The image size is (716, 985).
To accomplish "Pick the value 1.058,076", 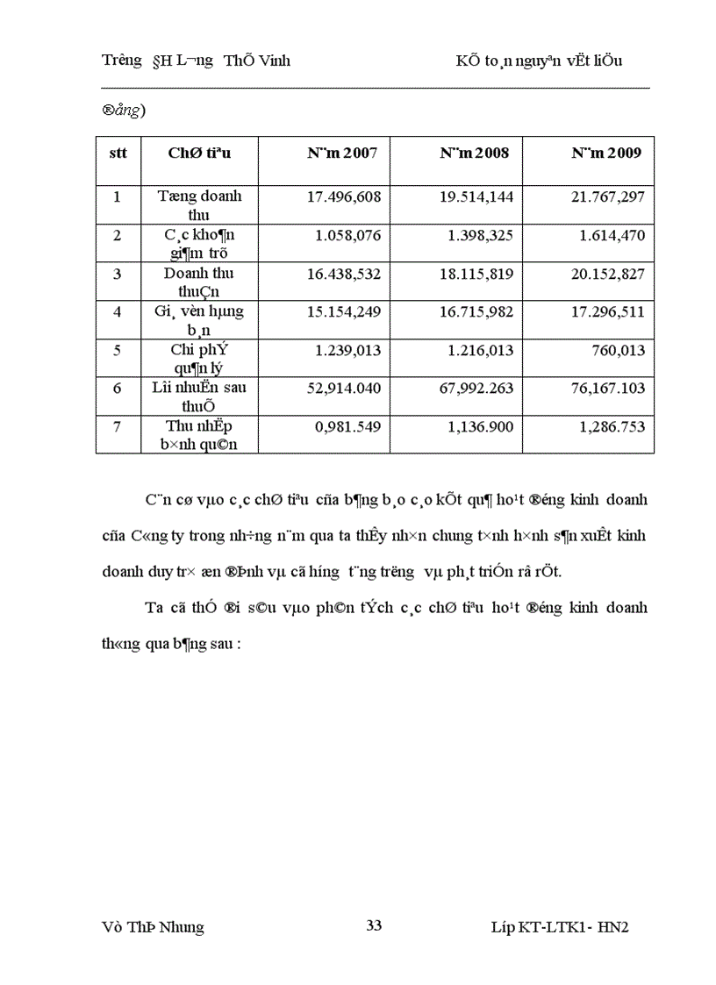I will click(x=348, y=235).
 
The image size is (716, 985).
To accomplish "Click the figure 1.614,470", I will click(x=612, y=235).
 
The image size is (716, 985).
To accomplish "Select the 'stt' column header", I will click(x=118, y=153).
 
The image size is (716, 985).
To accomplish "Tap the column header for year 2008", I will click(x=475, y=153).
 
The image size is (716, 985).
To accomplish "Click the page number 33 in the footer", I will click(x=373, y=924).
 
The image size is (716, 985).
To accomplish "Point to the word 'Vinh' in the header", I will click(x=273, y=61).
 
